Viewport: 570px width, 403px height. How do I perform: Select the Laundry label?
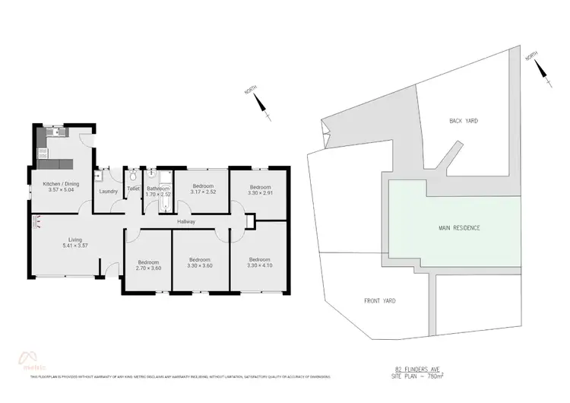tap(108, 192)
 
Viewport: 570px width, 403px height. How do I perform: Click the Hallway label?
tap(186, 222)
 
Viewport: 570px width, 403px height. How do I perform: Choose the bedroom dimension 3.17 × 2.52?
tap(201, 192)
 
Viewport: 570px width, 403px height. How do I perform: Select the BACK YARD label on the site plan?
tap(463, 121)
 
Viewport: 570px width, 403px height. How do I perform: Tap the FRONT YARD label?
tap(380, 300)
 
